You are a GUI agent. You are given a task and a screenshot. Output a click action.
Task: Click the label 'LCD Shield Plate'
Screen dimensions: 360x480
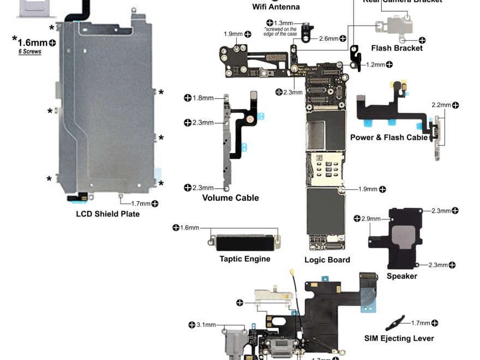(x=107, y=214)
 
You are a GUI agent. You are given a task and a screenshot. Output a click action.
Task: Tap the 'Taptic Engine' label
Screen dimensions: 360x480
(x=245, y=259)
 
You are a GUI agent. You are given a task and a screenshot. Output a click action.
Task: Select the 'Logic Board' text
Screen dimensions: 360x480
(x=327, y=260)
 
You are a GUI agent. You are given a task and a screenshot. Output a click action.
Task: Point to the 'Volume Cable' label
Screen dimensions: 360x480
(x=230, y=198)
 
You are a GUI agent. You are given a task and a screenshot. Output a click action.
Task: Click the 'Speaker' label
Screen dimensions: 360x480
(x=402, y=276)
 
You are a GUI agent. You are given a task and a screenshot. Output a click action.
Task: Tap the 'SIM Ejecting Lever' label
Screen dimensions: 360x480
(x=399, y=338)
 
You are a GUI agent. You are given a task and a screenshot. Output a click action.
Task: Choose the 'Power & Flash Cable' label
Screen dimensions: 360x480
(x=389, y=137)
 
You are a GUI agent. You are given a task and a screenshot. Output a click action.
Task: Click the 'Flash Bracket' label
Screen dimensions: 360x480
(x=397, y=48)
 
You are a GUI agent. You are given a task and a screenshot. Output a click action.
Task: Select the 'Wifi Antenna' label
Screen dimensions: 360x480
(x=276, y=7)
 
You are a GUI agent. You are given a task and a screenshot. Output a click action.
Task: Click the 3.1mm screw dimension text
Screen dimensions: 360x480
(x=206, y=325)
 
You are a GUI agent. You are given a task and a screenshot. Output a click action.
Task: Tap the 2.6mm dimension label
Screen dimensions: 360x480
(x=328, y=39)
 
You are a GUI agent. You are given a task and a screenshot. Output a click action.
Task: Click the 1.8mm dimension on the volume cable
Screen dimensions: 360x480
(x=203, y=98)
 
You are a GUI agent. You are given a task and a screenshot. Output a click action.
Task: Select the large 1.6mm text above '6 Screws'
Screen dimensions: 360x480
(x=32, y=43)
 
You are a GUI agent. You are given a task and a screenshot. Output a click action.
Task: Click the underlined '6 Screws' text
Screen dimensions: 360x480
(x=30, y=52)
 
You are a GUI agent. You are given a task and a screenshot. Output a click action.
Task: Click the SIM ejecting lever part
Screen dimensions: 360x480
(x=395, y=323)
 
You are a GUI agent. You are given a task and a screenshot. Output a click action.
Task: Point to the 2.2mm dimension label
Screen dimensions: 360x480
(x=441, y=105)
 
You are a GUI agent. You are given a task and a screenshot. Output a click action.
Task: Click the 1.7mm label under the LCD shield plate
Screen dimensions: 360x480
(x=141, y=203)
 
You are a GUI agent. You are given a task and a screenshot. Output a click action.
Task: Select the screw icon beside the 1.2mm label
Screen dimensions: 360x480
(x=389, y=64)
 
